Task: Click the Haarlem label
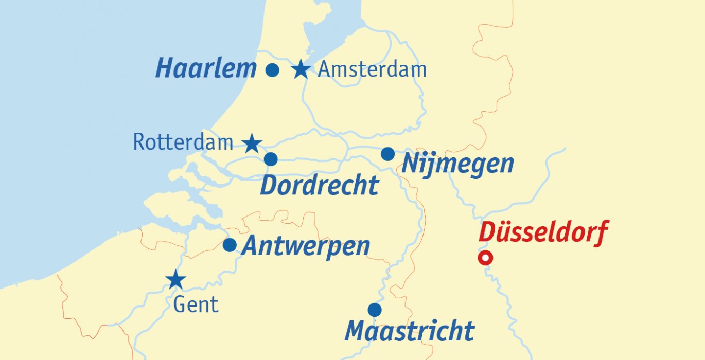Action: click(206, 68)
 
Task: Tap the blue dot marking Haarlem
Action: click(272, 70)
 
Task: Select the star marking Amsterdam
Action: click(301, 69)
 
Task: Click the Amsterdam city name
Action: click(372, 69)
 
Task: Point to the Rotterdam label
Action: click(183, 142)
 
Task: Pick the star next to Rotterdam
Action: click(252, 144)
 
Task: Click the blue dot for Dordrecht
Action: click(271, 159)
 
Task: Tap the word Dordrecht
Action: click(319, 186)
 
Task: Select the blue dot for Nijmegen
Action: click(388, 154)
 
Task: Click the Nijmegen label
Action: click(457, 164)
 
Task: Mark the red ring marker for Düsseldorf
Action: click(485, 258)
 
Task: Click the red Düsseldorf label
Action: click(543, 232)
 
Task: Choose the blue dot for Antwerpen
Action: click(230, 245)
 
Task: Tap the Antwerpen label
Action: click(306, 246)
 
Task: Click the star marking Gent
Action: click(176, 280)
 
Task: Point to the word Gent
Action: click(196, 305)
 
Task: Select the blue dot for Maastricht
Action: click(375, 310)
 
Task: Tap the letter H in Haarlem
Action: click(166, 68)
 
